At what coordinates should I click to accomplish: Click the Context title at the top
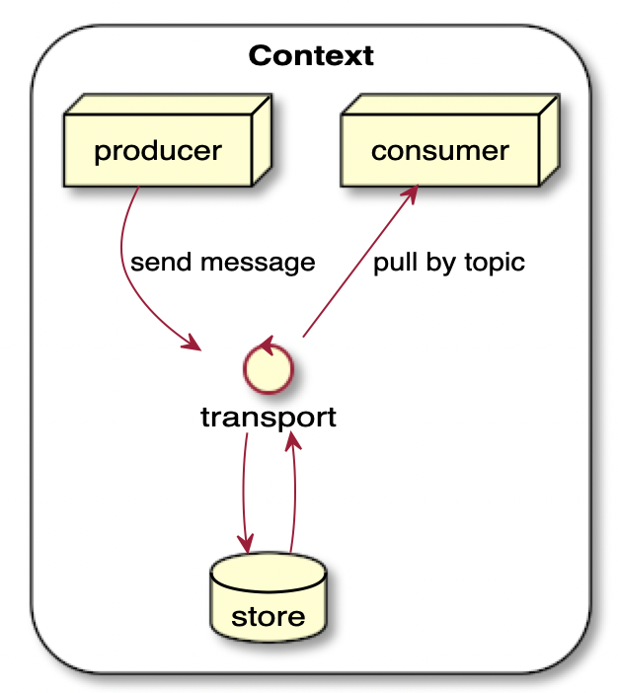click(x=311, y=55)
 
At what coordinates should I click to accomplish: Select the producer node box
click(x=158, y=150)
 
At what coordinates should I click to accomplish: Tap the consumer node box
click(x=440, y=150)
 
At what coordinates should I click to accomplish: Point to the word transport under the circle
click(x=268, y=418)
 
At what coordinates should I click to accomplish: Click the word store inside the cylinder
click(x=268, y=618)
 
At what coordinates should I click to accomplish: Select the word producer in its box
click(x=158, y=151)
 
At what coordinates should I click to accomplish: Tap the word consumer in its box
click(x=440, y=151)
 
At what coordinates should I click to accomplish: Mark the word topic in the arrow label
click(x=490, y=264)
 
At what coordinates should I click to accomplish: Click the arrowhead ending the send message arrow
click(x=192, y=344)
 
